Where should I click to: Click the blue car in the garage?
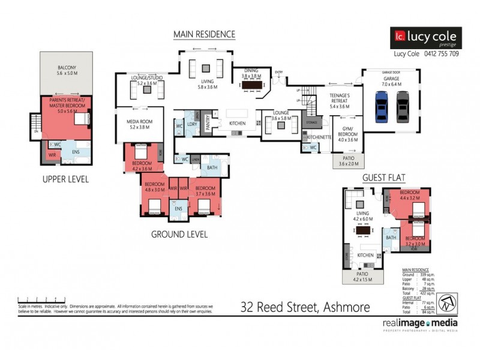click(382, 106)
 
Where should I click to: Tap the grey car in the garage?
click(402, 106)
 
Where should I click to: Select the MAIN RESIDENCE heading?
click(204, 34)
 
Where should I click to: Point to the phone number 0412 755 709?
click(439, 53)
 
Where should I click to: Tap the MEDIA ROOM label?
click(139, 124)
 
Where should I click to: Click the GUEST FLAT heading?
click(383, 178)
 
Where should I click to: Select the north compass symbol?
click(445, 302)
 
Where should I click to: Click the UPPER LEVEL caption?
click(66, 179)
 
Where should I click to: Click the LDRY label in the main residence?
click(193, 124)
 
